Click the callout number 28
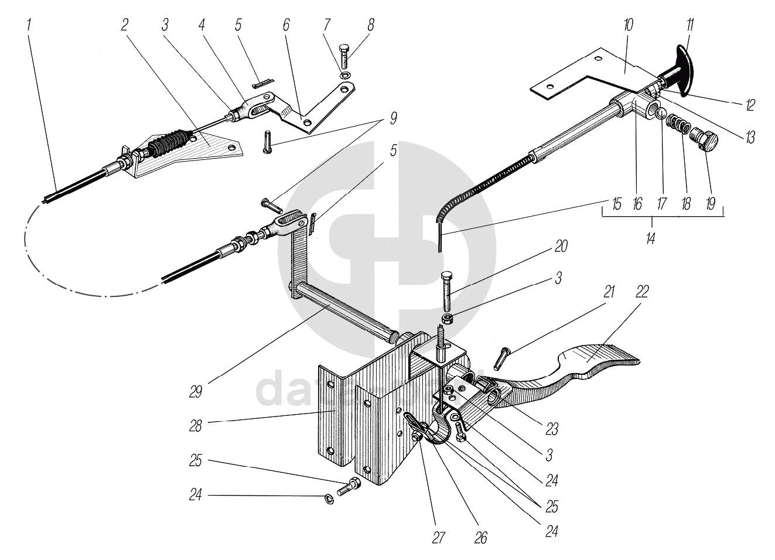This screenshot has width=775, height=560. (x=195, y=425)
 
